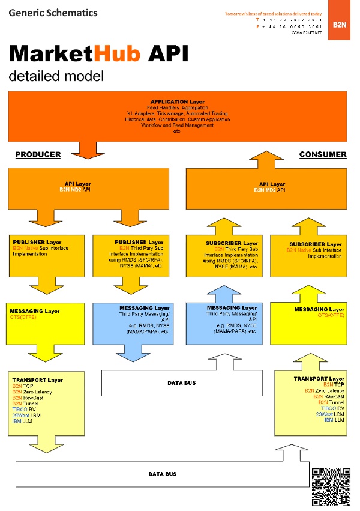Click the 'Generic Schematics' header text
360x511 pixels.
[53, 13]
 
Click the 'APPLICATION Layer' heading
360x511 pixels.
[177, 102]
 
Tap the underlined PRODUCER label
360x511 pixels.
[38, 154]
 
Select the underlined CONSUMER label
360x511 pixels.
[323, 154]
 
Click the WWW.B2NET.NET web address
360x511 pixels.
[307, 32]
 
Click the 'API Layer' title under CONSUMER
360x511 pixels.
[272, 184]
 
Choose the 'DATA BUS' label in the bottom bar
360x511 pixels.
[163, 474]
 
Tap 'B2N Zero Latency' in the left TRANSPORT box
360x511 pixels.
[32, 392]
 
